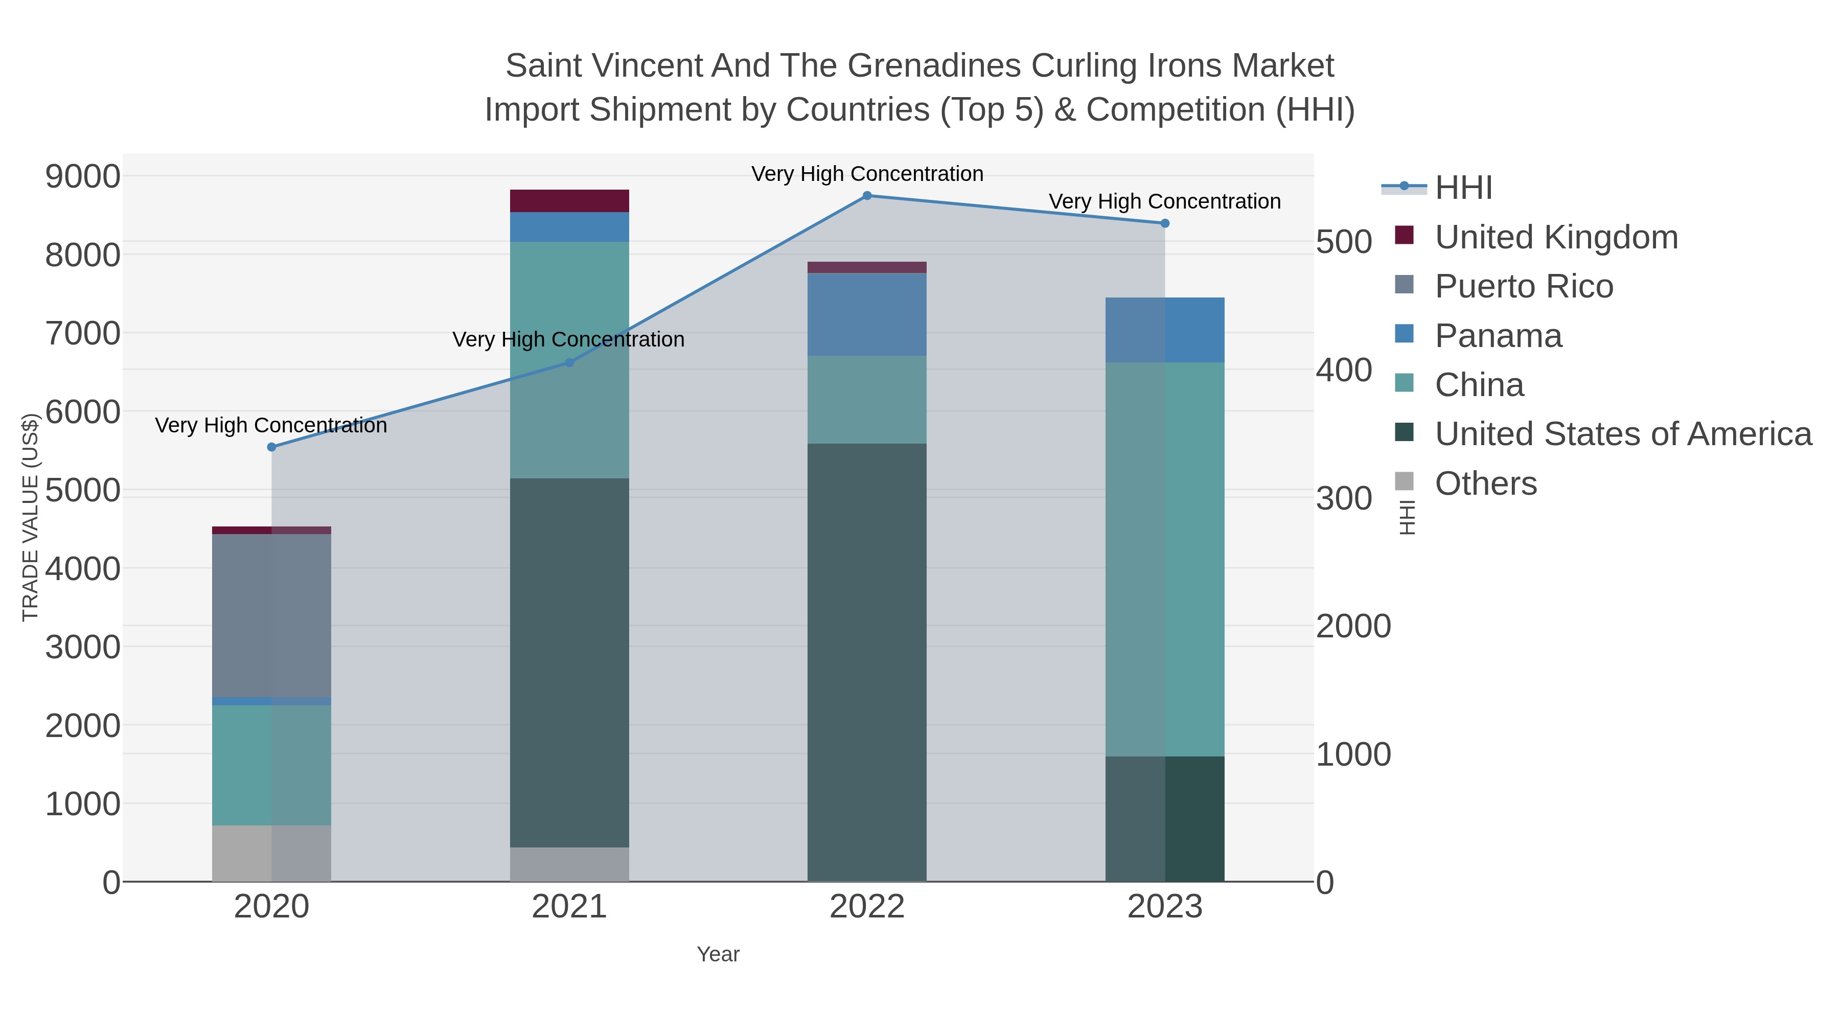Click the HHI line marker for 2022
pos(867,195)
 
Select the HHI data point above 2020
pos(271,447)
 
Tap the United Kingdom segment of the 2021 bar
pos(569,201)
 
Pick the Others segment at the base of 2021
pos(569,864)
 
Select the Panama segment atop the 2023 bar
pos(1165,330)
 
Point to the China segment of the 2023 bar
pos(1165,559)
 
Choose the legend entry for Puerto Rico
pos(1524,286)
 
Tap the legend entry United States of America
pos(1623,434)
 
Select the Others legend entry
pos(1486,484)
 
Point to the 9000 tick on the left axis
pos(83,176)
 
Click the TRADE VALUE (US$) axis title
pos(30,517)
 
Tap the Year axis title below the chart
pos(718,954)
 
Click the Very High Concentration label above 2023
pos(1164,201)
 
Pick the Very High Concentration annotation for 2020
pos(271,425)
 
